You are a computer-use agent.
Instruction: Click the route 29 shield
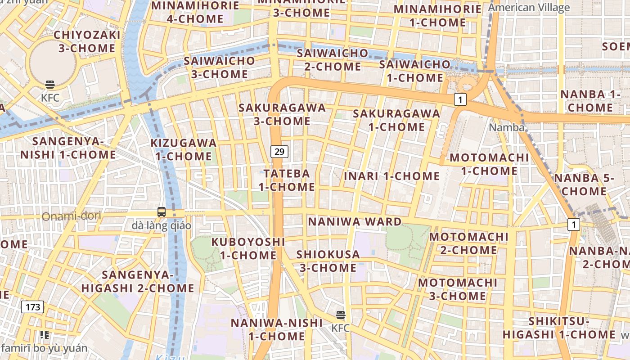tap(279, 152)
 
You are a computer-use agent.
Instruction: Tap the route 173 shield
tap(33, 307)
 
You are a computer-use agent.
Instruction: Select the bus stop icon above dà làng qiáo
tap(161, 211)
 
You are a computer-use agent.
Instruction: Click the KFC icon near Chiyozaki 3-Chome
tap(50, 85)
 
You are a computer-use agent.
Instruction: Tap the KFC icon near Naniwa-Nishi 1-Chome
tap(341, 315)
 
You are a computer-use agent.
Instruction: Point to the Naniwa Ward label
tap(355, 222)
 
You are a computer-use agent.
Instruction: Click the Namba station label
tap(507, 127)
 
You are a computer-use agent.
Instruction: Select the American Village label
tap(529, 8)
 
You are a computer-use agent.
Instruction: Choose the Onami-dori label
tap(72, 216)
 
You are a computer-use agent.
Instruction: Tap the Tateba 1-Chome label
tap(287, 180)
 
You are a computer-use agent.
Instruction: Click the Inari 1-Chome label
tap(391, 176)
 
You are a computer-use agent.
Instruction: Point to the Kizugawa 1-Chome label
tap(184, 150)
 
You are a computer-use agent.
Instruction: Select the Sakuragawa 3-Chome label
tap(282, 114)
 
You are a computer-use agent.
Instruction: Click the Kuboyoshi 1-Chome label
tap(248, 248)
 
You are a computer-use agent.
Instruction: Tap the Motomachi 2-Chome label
tap(469, 243)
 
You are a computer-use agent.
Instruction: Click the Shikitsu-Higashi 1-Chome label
tap(559, 328)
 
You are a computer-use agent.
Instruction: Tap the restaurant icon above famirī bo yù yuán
tap(44, 335)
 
